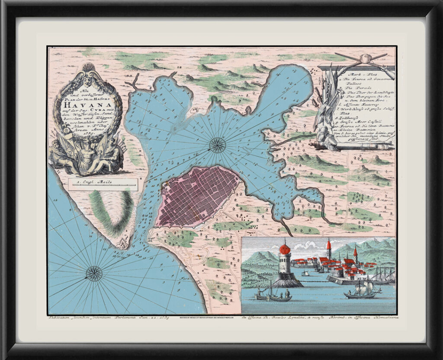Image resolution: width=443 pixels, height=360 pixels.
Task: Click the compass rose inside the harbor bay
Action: click(x=218, y=145)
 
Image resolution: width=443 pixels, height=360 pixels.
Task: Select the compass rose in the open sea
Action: click(x=94, y=273)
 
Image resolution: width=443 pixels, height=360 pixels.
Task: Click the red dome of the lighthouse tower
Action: click(x=285, y=249)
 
